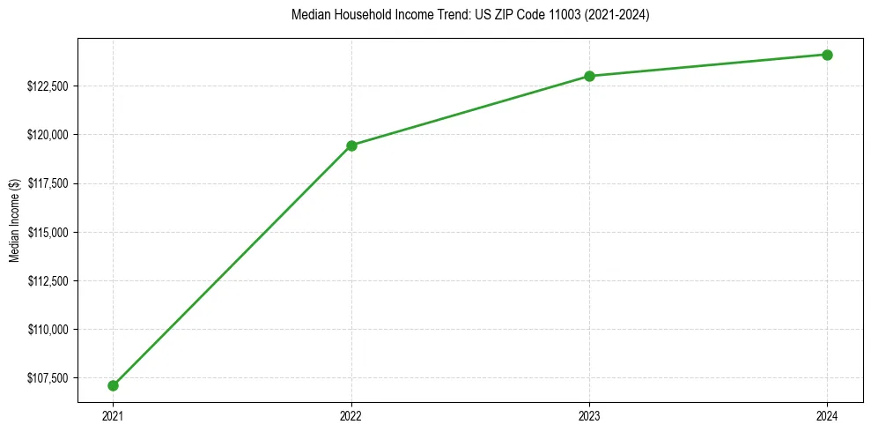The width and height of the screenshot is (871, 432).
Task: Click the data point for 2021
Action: click(113, 385)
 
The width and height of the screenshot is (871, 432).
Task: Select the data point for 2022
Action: click(351, 145)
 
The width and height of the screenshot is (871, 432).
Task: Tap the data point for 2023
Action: click(589, 76)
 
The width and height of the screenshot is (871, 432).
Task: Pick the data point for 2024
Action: click(828, 55)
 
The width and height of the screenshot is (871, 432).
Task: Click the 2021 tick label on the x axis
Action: click(113, 415)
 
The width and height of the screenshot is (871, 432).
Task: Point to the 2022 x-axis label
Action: click(351, 415)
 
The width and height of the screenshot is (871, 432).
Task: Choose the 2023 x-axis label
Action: click(589, 415)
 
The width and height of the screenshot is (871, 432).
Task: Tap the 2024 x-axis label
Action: click(828, 415)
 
